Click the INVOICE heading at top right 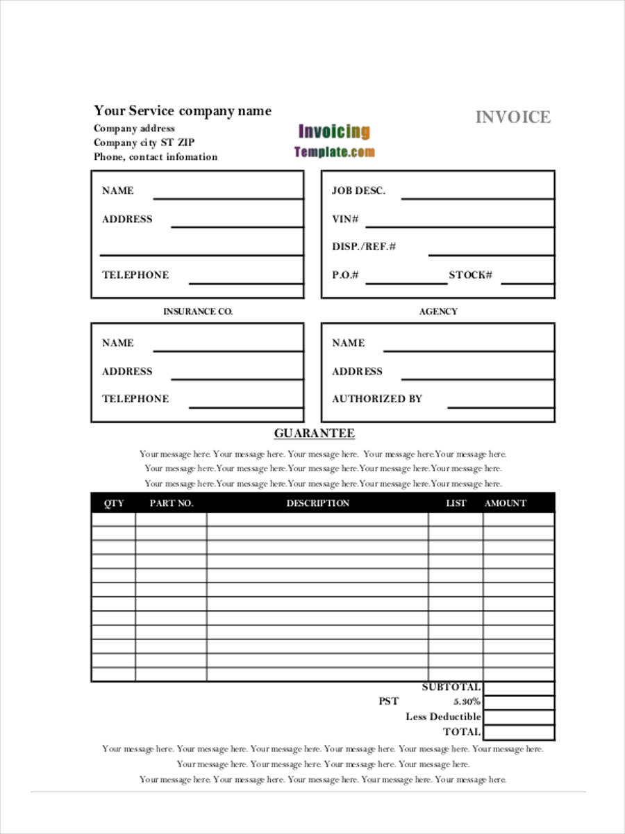pyautogui.click(x=512, y=117)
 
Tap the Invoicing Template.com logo pyautogui.click(x=334, y=140)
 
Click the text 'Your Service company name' pyautogui.click(x=183, y=111)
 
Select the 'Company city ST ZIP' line pyautogui.click(x=144, y=142)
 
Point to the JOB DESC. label pyautogui.click(x=358, y=190)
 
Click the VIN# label pyautogui.click(x=345, y=219)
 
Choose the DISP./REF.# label pyautogui.click(x=364, y=247)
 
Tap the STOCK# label pyautogui.click(x=470, y=275)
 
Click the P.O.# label pyautogui.click(x=345, y=275)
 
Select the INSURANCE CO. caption pyautogui.click(x=197, y=311)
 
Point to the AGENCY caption pyautogui.click(x=438, y=311)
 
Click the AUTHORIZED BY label pyautogui.click(x=376, y=399)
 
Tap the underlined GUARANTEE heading pyautogui.click(x=314, y=434)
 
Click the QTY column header pyautogui.click(x=114, y=503)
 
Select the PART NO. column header pyautogui.click(x=171, y=503)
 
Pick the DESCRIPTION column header pyautogui.click(x=317, y=503)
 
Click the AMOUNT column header pyautogui.click(x=505, y=503)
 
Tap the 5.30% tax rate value pyautogui.click(x=467, y=702)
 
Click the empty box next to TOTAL pyautogui.click(x=519, y=732)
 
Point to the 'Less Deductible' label pyautogui.click(x=443, y=717)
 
